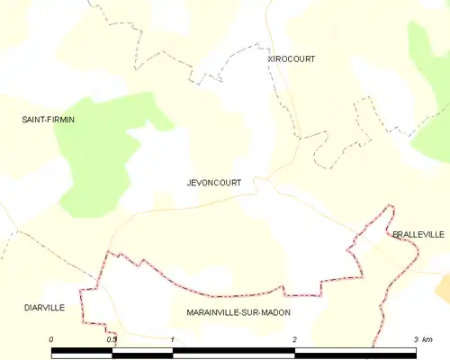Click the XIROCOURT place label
coord(291,58)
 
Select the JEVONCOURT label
coord(213,182)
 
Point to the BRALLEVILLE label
coord(418,234)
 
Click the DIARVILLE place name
coord(44,307)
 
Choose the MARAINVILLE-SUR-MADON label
coord(238,311)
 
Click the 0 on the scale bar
coord(52,338)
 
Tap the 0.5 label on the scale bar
coord(112,338)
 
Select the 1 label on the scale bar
coord(172,338)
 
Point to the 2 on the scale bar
coord(294,338)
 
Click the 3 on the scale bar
coord(416,338)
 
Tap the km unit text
coord(428,338)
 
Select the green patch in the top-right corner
coord(430,81)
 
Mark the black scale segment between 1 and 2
coord(233,351)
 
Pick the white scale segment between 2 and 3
coord(355,351)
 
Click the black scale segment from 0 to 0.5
coord(82,351)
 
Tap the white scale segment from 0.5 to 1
coord(142,351)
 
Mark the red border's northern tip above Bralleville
coord(391,207)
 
